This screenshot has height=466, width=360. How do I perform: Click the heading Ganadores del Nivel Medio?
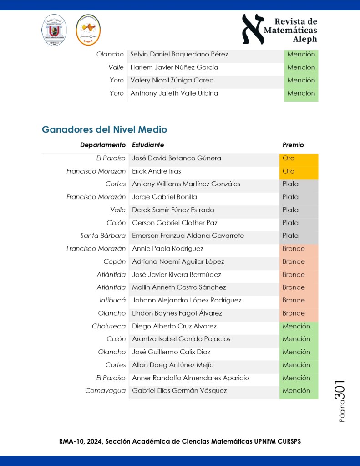[104, 129]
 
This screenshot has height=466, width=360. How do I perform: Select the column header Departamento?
[102, 145]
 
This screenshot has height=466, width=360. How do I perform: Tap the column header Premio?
[293, 145]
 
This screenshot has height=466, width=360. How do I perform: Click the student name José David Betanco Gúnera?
[177, 158]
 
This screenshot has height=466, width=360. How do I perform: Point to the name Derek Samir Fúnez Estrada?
[173, 210]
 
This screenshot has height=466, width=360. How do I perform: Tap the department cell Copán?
[114, 261]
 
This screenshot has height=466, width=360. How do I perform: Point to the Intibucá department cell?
[112, 300]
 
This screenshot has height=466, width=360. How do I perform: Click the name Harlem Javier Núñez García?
[174, 67]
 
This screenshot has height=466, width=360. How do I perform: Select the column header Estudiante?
[148, 145]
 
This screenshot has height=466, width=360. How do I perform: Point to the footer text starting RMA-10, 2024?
[180, 441]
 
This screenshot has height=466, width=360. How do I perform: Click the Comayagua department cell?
[105, 391]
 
